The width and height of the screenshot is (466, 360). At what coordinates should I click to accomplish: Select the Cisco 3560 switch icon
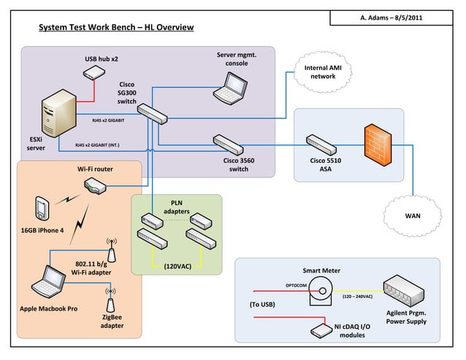pyautogui.click(x=228, y=142)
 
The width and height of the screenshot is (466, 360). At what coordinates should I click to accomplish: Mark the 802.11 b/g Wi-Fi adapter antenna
pyautogui.click(x=112, y=245)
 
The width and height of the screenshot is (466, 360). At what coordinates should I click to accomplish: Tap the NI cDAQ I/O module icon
pyautogui.click(x=320, y=330)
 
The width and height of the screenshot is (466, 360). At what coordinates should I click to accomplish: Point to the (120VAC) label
pyautogui.click(x=177, y=266)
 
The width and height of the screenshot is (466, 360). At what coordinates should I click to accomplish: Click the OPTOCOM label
pyautogui.click(x=295, y=285)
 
